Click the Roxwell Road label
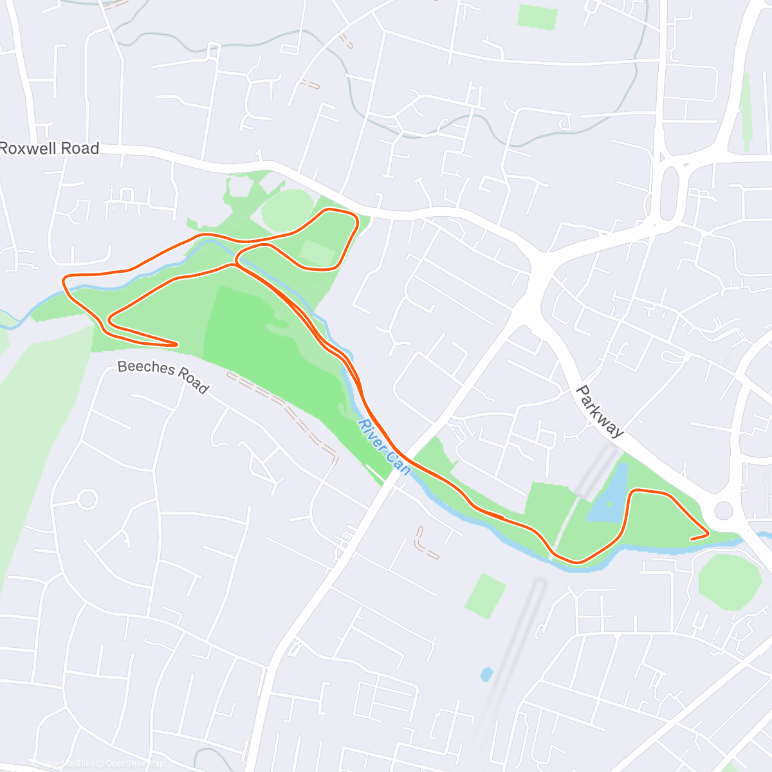tap(50, 149)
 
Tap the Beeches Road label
tap(163, 376)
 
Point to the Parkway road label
tap(600, 411)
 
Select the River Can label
tap(384, 447)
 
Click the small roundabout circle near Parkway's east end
tap(724, 511)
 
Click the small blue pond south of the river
tap(486, 674)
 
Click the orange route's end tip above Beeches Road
tap(176, 344)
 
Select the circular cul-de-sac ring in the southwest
tap(87, 499)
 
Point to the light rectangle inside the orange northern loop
tap(316, 252)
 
